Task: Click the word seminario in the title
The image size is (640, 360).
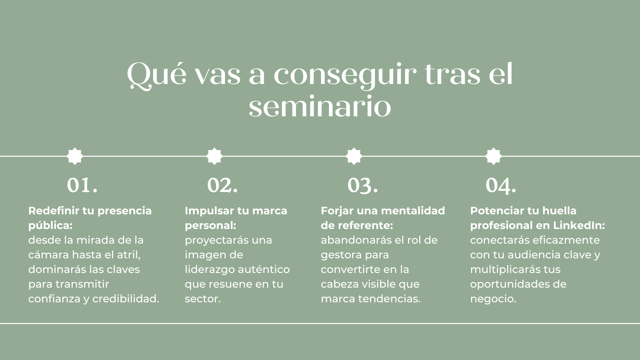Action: tap(320, 107)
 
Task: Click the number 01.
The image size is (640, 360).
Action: tap(82, 185)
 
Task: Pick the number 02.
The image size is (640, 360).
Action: tap(222, 185)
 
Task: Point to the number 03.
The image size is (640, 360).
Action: tap(363, 186)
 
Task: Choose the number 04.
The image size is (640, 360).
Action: tap(501, 186)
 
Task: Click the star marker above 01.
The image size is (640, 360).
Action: tap(75, 156)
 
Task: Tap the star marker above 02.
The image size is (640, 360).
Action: tap(214, 156)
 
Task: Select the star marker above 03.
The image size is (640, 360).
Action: tap(354, 156)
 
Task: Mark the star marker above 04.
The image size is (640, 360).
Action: tap(493, 156)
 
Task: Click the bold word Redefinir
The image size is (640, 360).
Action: tap(53, 211)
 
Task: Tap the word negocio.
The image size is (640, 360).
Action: tap(493, 299)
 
